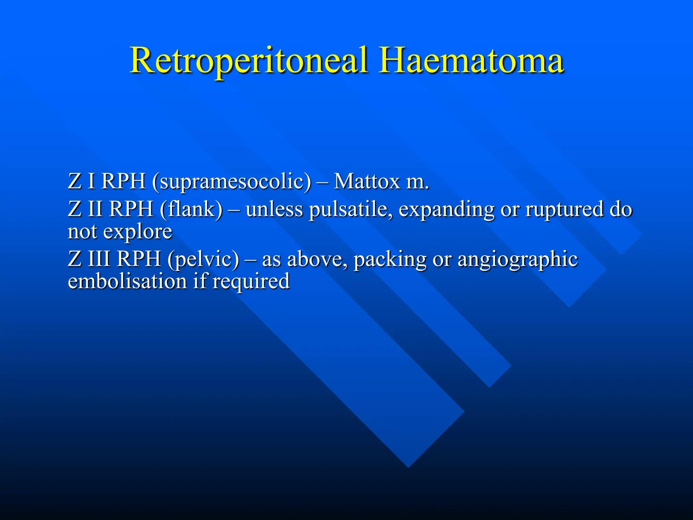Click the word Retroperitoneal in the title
(249, 61)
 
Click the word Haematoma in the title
(471, 61)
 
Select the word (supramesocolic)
(231, 182)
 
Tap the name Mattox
(367, 182)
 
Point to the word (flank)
(191, 209)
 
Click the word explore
(137, 232)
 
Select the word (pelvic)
(203, 260)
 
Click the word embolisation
(127, 281)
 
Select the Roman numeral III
(99, 259)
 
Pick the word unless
(274, 209)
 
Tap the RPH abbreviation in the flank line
(131, 209)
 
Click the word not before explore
(82, 232)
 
